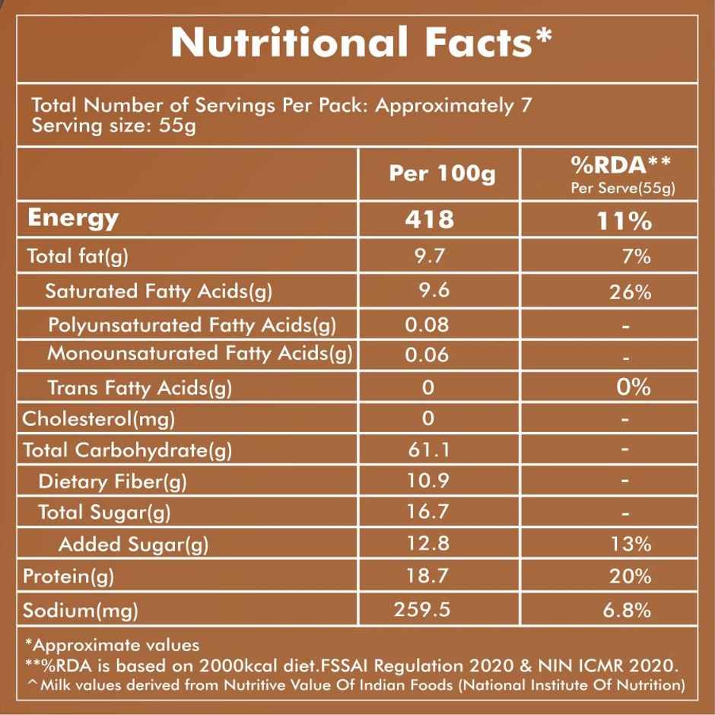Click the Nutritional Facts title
tap(361, 42)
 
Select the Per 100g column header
tap(441, 173)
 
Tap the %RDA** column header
tap(623, 166)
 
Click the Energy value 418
tap(429, 220)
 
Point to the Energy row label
tap(73, 218)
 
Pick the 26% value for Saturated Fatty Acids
tap(630, 291)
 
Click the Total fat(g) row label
tap(78, 257)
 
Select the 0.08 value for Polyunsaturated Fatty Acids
tap(427, 325)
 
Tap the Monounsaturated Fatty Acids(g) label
tap(200, 354)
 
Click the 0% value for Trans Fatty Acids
tap(633, 386)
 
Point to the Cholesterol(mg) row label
tap(99, 418)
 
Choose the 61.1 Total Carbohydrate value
tap(429, 450)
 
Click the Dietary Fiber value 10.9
tap(429, 481)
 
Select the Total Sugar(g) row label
tap(104, 512)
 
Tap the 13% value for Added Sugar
tap(630, 544)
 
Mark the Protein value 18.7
tap(429, 576)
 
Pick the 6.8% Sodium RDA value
tap(627, 610)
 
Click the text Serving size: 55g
tap(113, 125)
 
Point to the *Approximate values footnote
tap(112, 645)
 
